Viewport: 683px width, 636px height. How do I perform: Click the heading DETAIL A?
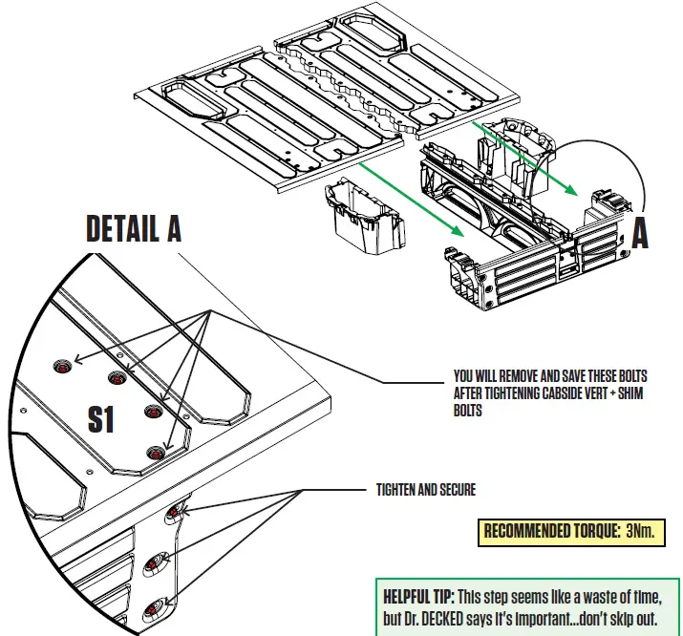[x=133, y=228]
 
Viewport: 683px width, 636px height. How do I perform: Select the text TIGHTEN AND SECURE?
[x=425, y=490]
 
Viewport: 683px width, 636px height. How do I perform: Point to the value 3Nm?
[x=640, y=531]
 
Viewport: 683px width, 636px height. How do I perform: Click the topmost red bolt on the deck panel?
[x=63, y=367]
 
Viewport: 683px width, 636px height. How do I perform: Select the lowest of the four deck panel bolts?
[x=153, y=453]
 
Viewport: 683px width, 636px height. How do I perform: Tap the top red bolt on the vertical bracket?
[x=173, y=515]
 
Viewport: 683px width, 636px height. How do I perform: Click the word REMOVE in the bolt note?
[x=517, y=375]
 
